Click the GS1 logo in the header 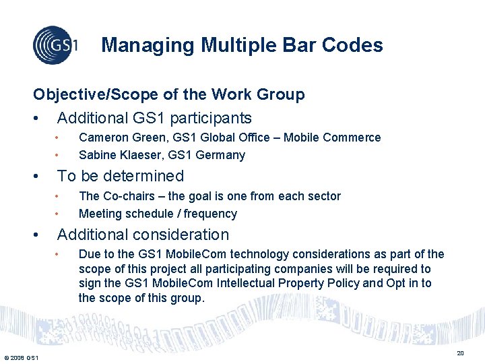pos(55,45)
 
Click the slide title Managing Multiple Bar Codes pos(242,45)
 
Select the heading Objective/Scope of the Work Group pos(169,94)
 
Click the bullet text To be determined pos(121,176)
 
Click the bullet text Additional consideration pos(143,235)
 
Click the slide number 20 pos(460,353)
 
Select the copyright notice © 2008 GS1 pos(20,357)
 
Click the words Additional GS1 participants pos(154,118)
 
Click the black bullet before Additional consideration pos(36,235)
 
